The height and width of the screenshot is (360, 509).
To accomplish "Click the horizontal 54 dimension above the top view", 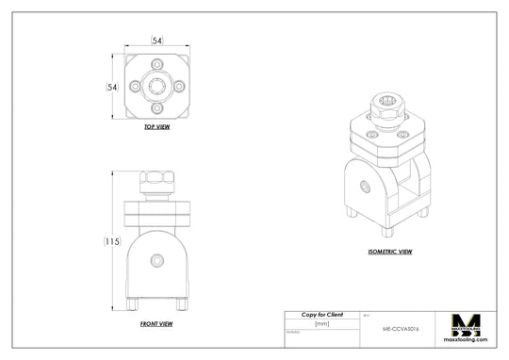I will click(x=156, y=41).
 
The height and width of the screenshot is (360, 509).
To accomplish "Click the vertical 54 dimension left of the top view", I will click(x=111, y=86).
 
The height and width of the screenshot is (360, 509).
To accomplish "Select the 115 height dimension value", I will click(x=112, y=241).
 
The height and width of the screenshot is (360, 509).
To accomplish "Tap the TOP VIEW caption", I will click(x=156, y=126).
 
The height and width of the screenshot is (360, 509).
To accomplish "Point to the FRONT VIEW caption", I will click(x=156, y=323).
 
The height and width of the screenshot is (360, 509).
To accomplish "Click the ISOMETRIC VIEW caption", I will click(x=390, y=252).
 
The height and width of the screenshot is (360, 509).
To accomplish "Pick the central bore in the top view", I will click(x=156, y=86).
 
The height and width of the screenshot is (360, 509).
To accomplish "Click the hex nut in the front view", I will click(x=156, y=181).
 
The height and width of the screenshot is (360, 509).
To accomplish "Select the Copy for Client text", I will click(x=321, y=314).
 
